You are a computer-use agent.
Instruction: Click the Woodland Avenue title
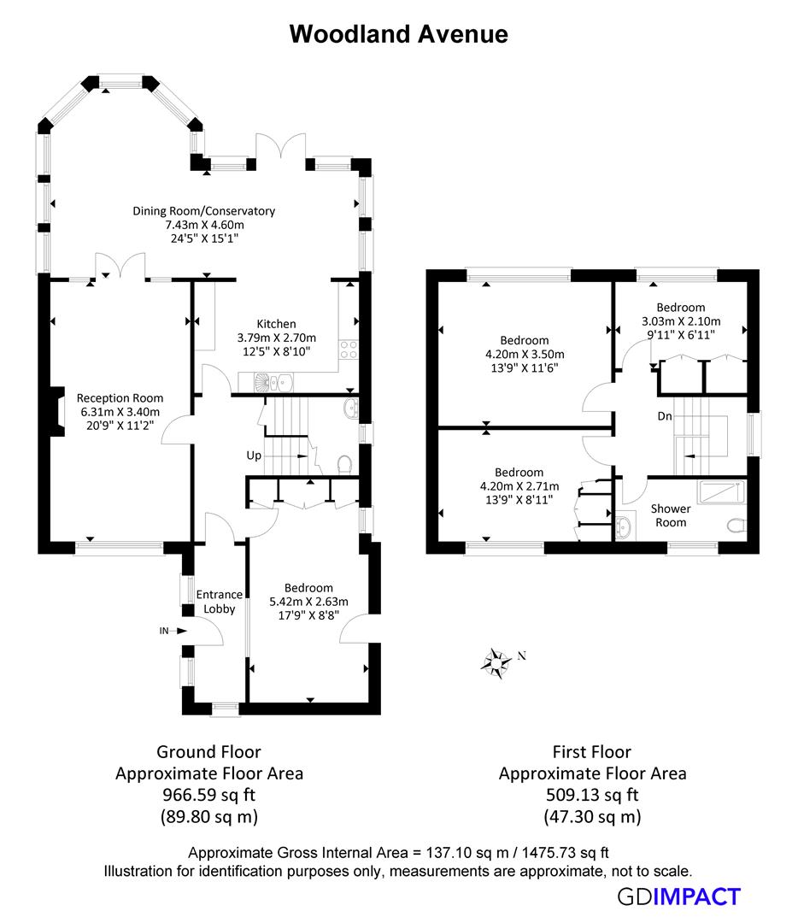click(x=398, y=33)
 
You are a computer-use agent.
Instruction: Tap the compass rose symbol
click(x=496, y=661)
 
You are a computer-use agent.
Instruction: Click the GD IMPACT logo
click(x=678, y=897)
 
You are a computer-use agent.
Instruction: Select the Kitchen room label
click(x=276, y=324)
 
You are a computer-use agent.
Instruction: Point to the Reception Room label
click(x=120, y=397)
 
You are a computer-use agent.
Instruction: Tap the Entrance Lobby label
click(x=219, y=602)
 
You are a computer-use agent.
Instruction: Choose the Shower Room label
click(x=671, y=515)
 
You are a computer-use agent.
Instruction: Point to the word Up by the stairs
click(x=254, y=456)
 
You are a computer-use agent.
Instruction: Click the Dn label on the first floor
click(x=664, y=417)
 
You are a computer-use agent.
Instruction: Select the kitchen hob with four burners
click(x=349, y=349)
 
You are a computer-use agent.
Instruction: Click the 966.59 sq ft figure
click(x=208, y=795)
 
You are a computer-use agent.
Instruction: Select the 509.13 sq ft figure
click(x=591, y=795)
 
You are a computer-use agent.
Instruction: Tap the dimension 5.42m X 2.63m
click(x=308, y=601)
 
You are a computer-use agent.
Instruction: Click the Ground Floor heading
click(x=208, y=752)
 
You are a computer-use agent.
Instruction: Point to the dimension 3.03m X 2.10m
click(x=680, y=321)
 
